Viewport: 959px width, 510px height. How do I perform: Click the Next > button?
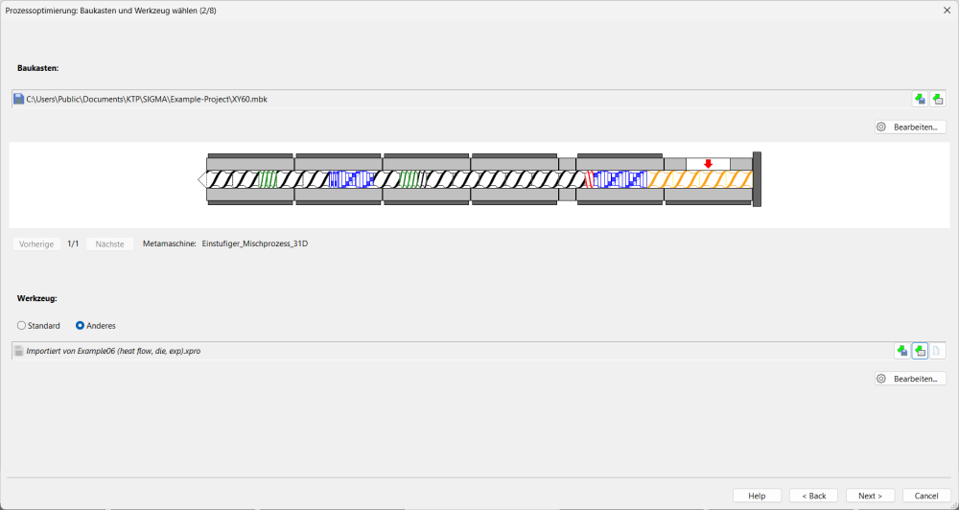[871, 496]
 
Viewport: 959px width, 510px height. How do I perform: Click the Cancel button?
[926, 496]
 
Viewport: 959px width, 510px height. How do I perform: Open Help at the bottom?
[758, 496]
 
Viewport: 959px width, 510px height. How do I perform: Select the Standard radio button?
[21, 326]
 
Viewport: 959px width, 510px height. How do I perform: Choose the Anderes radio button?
[80, 326]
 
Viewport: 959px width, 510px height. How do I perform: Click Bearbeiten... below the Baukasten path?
[910, 127]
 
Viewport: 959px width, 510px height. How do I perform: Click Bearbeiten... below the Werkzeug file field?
[910, 379]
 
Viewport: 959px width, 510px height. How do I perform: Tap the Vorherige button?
[36, 244]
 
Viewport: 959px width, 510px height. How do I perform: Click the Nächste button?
[110, 244]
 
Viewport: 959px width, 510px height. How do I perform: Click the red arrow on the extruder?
[709, 164]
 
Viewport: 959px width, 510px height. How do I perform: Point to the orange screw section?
[700, 179]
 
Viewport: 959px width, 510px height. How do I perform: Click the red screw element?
[590, 179]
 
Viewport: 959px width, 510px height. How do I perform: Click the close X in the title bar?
[947, 11]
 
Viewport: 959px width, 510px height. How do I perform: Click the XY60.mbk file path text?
[147, 99]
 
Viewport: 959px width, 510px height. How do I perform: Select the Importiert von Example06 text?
[113, 351]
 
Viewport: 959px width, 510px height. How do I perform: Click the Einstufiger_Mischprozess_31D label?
[255, 244]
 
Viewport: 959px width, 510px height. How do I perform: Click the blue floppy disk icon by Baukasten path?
[18, 99]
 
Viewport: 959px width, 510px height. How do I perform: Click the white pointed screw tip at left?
[202, 179]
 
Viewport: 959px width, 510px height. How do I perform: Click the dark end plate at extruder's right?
[758, 179]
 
